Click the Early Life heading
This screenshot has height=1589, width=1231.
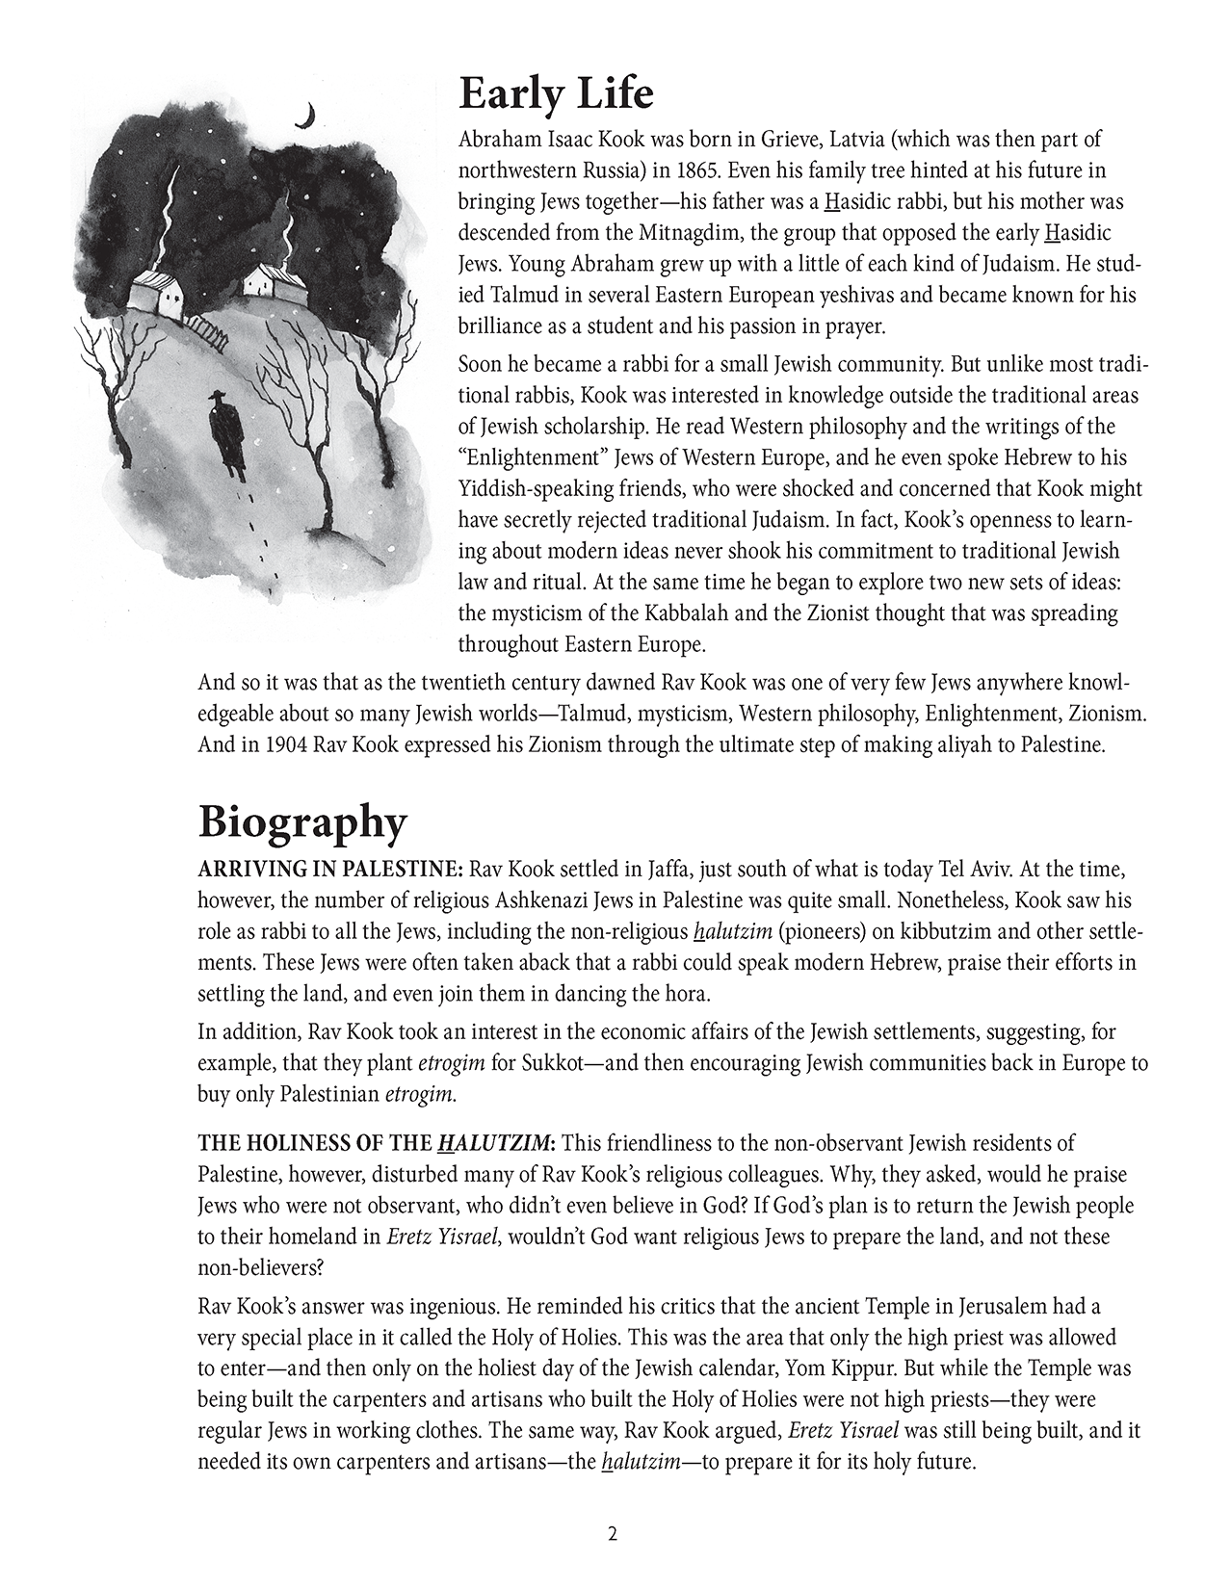[x=556, y=93]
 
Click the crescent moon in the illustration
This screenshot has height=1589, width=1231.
[x=308, y=116]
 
